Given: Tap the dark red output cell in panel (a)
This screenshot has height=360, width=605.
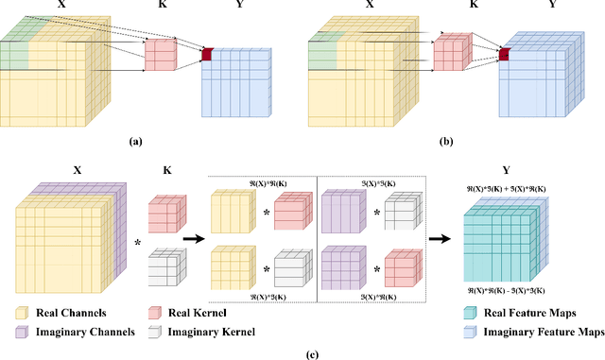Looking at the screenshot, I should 206,53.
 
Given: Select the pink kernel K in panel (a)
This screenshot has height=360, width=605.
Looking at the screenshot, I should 160,54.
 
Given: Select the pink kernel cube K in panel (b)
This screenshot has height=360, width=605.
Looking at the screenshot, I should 451,52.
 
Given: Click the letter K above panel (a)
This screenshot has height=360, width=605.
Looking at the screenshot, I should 161,6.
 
